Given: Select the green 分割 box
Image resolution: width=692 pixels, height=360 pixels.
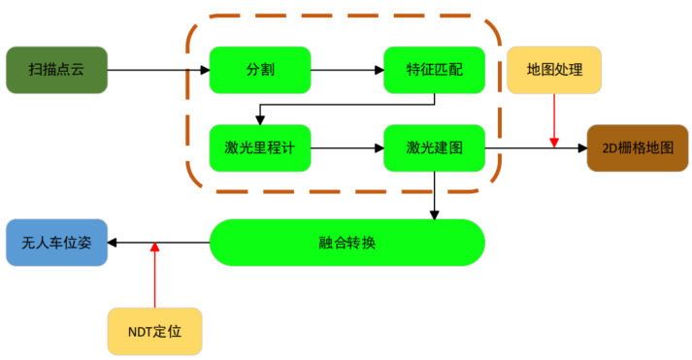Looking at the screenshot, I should pos(260,70).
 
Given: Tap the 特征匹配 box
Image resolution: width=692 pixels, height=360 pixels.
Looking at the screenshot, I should pos(434,70).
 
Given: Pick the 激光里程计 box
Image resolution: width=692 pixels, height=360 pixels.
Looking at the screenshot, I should pos(260,148).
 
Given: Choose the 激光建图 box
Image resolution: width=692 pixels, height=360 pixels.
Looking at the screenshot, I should pos(434,148).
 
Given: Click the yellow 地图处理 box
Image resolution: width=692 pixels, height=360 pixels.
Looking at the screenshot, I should pos(554,70).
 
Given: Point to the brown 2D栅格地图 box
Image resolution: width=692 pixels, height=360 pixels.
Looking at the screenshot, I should pos(638,148).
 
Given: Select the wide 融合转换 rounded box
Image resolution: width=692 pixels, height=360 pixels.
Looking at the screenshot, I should pos(346,243).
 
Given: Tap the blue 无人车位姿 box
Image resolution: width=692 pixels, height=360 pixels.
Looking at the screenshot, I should pos(56,243).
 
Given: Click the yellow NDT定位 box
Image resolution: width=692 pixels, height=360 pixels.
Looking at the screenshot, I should pos(154,331).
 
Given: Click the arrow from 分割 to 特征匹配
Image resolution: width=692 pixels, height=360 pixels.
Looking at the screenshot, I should pos(346,70).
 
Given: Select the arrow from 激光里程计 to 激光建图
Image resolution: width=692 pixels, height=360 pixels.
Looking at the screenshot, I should pos(346,148).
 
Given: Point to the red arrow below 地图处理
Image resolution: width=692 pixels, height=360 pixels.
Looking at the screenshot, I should pos(554,120).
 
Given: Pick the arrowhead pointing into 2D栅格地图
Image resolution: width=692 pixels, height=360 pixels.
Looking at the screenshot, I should pos(581,148).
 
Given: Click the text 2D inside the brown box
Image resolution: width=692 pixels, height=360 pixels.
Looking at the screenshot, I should pos(610,148).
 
